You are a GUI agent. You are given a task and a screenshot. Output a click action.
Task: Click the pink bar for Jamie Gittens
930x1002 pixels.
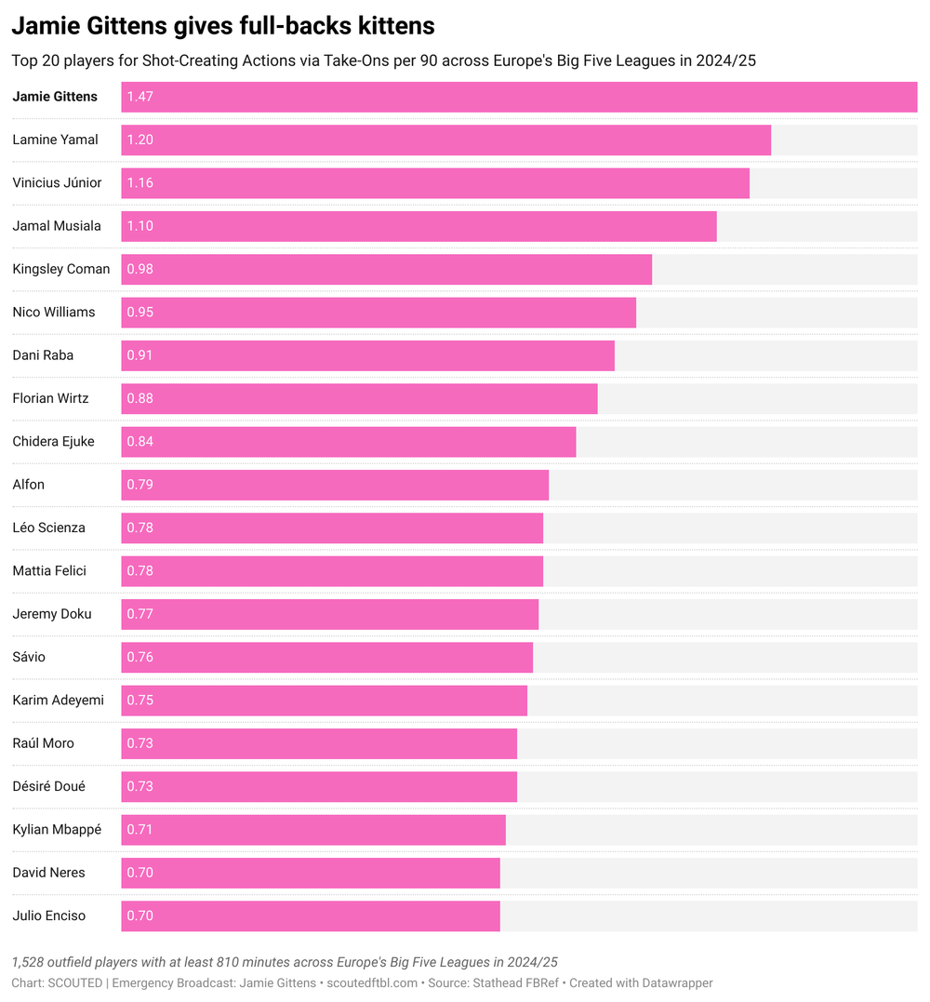pos(519,97)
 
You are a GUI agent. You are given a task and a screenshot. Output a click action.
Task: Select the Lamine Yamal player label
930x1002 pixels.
pos(55,140)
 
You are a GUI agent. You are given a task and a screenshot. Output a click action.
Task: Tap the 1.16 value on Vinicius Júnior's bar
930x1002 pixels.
pos(140,183)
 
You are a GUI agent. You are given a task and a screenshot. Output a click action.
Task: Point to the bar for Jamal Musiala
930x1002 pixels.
pos(418,226)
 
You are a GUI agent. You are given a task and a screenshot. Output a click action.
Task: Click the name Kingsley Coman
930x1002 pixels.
pos(61,269)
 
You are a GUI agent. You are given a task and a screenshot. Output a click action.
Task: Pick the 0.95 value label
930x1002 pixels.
pos(140,313)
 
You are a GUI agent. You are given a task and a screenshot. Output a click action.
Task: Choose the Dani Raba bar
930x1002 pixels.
pos(367,355)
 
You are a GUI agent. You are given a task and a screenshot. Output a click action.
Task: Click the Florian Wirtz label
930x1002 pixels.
pos(50,398)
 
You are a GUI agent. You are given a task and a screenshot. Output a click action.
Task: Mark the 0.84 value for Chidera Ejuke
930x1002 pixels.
pos(140,442)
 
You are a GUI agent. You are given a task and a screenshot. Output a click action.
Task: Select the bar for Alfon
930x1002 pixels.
pos(335,485)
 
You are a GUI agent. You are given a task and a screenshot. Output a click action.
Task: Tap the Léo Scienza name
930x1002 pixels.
pos(48,528)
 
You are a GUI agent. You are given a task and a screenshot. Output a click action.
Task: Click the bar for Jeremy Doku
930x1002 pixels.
pos(329,614)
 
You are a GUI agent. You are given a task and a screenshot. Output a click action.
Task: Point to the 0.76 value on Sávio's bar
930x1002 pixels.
pos(140,657)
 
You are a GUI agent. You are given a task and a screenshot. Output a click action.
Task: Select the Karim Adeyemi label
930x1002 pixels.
pos(58,700)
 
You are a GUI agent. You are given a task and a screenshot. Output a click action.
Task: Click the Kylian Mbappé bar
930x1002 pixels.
pos(313,830)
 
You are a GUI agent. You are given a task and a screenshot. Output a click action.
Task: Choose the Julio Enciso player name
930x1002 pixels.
pos(48,915)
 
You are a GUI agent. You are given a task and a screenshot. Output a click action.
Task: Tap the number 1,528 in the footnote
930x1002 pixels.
pos(30,961)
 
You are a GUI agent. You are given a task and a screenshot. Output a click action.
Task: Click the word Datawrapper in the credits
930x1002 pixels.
pos(677,982)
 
